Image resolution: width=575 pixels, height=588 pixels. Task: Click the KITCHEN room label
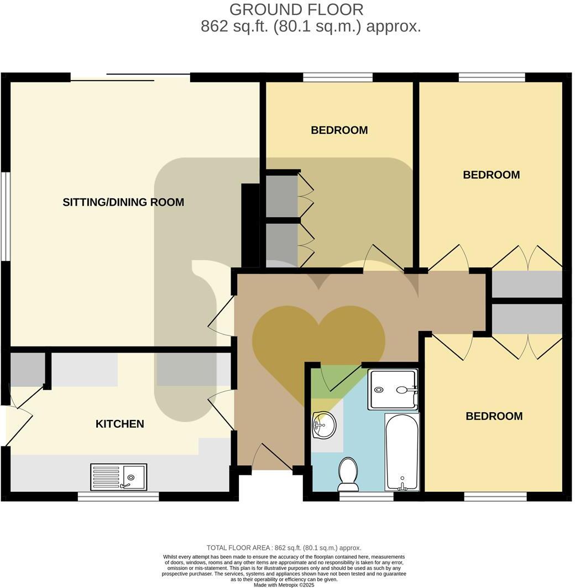pyautogui.click(x=120, y=424)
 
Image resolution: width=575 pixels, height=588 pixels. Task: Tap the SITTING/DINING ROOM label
pyautogui.click(x=123, y=202)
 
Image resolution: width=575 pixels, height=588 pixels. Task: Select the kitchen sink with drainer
pyautogui.click(x=119, y=477)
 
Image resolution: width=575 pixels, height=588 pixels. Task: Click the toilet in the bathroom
pyautogui.click(x=348, y=474)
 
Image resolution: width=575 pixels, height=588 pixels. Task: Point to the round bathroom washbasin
pyautogui.click(x=323, y=426)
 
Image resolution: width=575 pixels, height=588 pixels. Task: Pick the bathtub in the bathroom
pyautogui.click(x=402, y=452)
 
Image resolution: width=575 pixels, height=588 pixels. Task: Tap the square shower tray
pyautogui.click(x=393, y=390)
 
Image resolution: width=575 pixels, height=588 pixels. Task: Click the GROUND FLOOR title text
pyautogui.click(x=296, y=9)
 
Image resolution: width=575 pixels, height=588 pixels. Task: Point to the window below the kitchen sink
pyautogui.click(x=118, y=496)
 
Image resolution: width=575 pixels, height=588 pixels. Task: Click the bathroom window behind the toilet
pyautogui.click(x=366, y=496)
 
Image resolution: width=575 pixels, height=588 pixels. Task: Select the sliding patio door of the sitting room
pyautogui.click(x=130, y=77)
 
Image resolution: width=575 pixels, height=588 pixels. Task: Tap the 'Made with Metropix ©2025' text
pyautogui.click(x=284, y=585)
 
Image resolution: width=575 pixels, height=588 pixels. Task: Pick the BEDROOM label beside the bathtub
pyautogui.click(x=494, y=416)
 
